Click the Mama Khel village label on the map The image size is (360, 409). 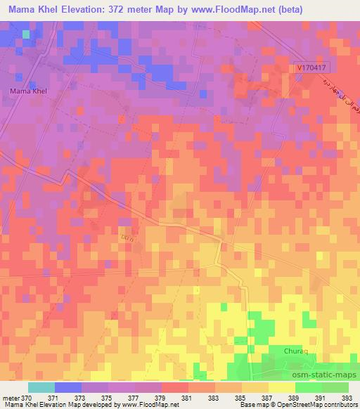click(28, 91)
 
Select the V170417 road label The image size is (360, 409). click(311, 68)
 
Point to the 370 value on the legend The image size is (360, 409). click(27, 398)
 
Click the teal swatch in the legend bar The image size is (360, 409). click(41, 387)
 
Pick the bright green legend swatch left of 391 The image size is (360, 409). click(308, 387)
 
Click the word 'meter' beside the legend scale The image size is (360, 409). click(10, 398)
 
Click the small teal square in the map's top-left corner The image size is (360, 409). click(26, 34)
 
